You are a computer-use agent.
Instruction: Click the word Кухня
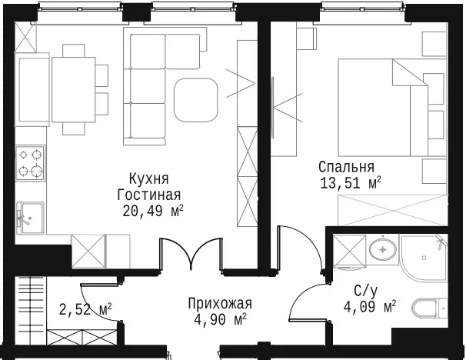coord(149,179)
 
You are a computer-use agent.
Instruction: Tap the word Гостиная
coord(149,195)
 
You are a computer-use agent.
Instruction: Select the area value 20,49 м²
coord(153,211)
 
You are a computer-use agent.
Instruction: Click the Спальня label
coord(346,167)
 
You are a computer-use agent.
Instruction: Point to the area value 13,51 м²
coord(351,183)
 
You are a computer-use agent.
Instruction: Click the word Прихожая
coord(220,304)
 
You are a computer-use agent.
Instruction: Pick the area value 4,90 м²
coord(220,319)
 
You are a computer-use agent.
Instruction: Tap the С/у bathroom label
coord(366,291)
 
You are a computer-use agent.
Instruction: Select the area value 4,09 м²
coord(370,307)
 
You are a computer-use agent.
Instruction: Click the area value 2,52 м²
coord(85,309)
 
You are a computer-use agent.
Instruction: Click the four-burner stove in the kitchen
coord(30,163)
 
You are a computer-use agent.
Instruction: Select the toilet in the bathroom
coord(429,308)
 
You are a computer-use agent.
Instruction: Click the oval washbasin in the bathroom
coord(383,250)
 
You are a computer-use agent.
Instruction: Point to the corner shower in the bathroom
coord(424,258)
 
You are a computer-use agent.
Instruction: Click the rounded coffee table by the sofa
coord(196,100)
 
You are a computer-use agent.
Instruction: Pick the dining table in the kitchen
coord(73,89)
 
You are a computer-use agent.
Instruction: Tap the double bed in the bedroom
coord(392,108)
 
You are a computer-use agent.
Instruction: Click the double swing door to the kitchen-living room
coord(191,254)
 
